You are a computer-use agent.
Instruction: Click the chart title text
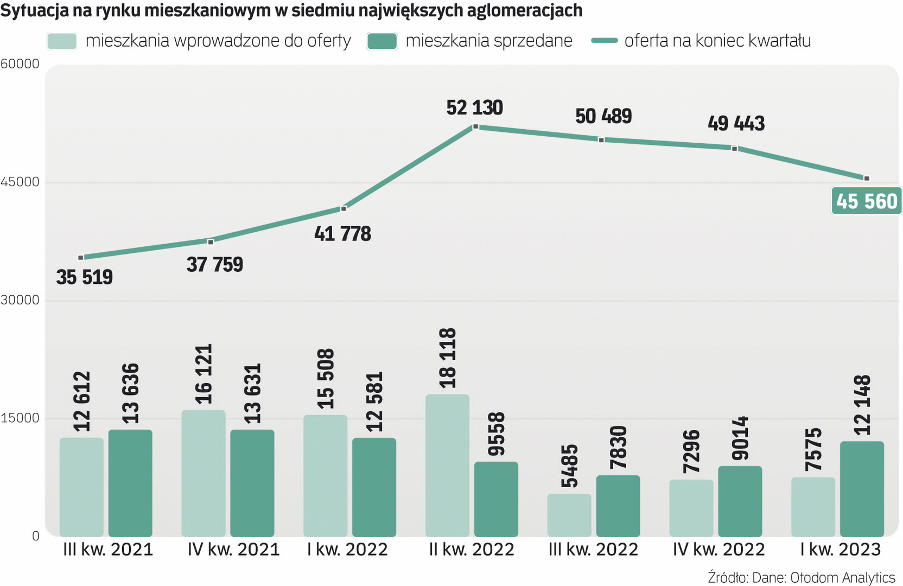coord(291,10)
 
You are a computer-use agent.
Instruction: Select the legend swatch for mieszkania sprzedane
coord(381,41)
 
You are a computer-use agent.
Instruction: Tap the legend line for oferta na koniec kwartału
coord(604,41)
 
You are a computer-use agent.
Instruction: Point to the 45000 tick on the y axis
coord(20,182)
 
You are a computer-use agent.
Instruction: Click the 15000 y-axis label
coord(20,418)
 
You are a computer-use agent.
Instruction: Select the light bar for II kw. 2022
coord(447,466)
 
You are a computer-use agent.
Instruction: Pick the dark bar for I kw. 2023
coord(862,489)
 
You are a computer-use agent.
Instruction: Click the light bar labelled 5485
coord(569,515)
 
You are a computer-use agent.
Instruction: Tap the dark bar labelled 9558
coord(496,499)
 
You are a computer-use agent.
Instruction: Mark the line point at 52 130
coord(475,126)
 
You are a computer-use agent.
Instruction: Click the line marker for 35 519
coord(81,258)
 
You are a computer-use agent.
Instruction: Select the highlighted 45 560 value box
coord(866,201)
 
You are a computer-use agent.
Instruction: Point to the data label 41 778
coord(342,234)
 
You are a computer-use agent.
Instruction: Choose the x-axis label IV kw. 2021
coord(233,550)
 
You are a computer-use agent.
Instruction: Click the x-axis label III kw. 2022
coord(593,550)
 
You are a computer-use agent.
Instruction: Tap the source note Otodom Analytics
coord(802,577)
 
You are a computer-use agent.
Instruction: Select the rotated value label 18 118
coord(448,358)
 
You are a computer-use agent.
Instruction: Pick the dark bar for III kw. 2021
coord(130,483)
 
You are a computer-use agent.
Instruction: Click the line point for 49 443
coord(734,148)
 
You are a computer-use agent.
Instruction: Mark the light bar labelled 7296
coord(691,508)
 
